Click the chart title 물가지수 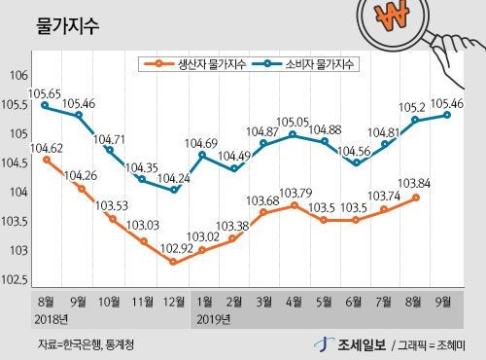(x=67, y=25)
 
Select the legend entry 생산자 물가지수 (x=194, y=64)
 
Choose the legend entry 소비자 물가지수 (x=303, y=64)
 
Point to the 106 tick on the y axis (x=19, y=76)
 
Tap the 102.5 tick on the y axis (x=16, y=280)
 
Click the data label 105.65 (x=45, y=94)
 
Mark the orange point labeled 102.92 (x=173, y=262)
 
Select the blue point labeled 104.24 (x=174, y=190)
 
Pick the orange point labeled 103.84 (x=416, y=198)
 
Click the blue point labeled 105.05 (x=293, y=134)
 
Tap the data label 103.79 (x=295, y=194)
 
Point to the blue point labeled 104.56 (x=357, y=162)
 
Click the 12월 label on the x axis (x=174, y=302)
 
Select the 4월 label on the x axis (x=294, y=302)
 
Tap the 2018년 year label (x=52, y=319)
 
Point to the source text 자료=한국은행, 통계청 (x=87, y=344)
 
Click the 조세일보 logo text (x=362, y=344)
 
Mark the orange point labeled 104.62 (x=47, y=160)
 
